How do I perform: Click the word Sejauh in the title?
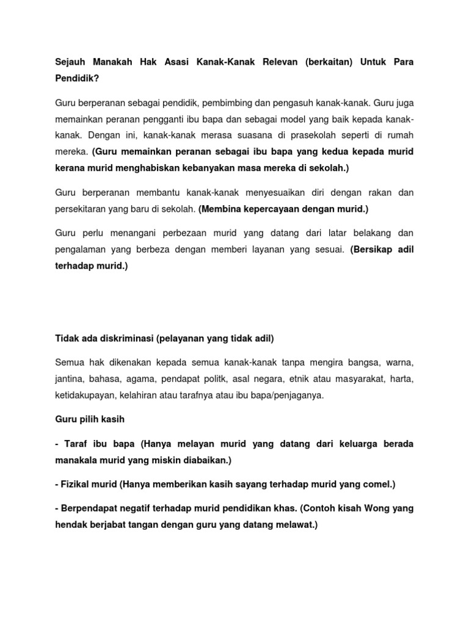click(x=72, y=63)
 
